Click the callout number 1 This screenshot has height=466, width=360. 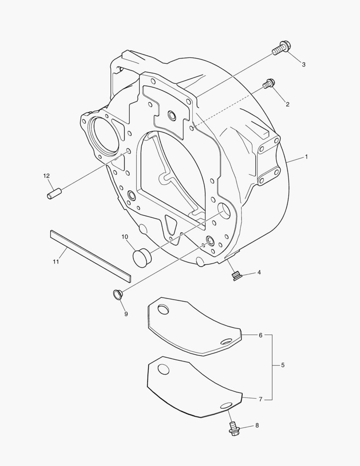click(306, 157)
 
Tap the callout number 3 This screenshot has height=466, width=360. click(304, 64)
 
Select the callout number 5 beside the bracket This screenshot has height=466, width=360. click(282, 365)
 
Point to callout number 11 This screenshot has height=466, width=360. click(56, 261)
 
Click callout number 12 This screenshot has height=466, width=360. click(46, 176)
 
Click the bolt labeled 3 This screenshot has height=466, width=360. click(281, 49)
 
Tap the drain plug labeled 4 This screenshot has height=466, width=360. click(236, 276)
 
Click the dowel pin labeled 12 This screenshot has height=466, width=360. click(54, 193)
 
